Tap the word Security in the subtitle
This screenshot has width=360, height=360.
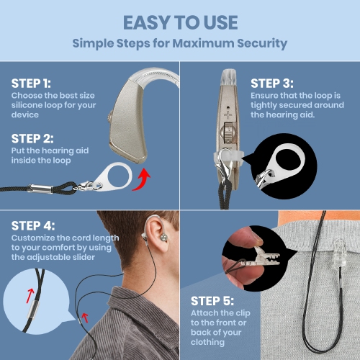(257, 43)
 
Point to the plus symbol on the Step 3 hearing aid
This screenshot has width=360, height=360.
(229, 114)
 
